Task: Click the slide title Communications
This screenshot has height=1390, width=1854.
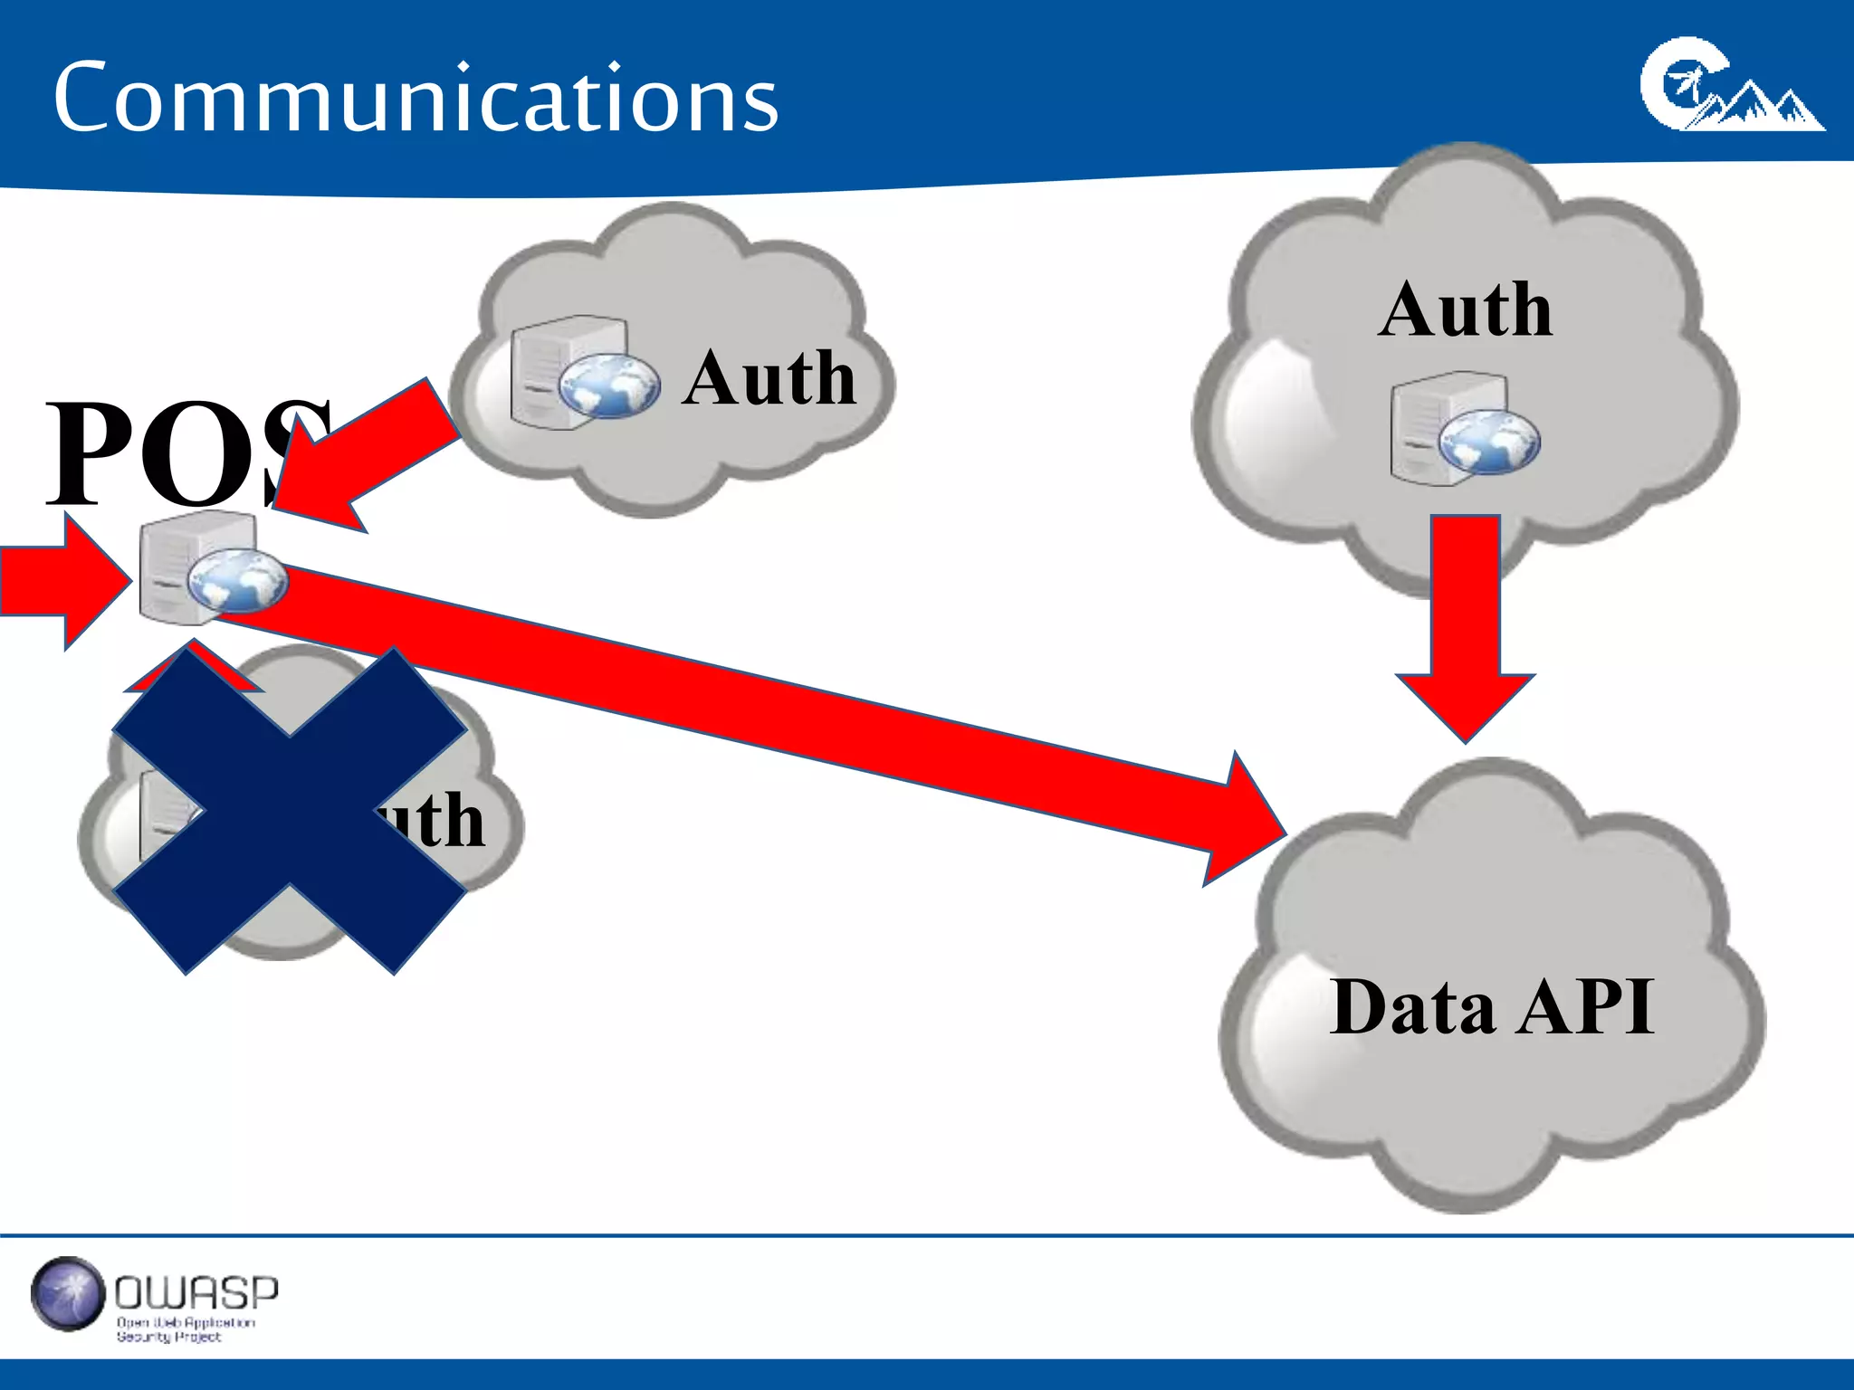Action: click(x=416, y=98)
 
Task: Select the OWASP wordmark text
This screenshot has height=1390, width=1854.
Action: click(x=196, y=1292)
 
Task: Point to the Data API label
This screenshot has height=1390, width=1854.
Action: click(x=1492, y=1007)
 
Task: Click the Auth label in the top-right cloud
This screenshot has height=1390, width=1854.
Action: click(x=1466, y=310)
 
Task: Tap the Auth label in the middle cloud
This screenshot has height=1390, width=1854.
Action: click(x=769, y=378)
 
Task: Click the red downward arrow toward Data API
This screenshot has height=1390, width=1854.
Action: click(x=1466, y=624)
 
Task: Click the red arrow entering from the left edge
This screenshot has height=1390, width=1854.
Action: click(x=63, y=581)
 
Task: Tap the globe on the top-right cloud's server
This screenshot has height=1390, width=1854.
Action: click(x=1489, y=442)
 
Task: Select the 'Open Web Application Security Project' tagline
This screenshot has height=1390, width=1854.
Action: click(x=186, y=1329)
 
